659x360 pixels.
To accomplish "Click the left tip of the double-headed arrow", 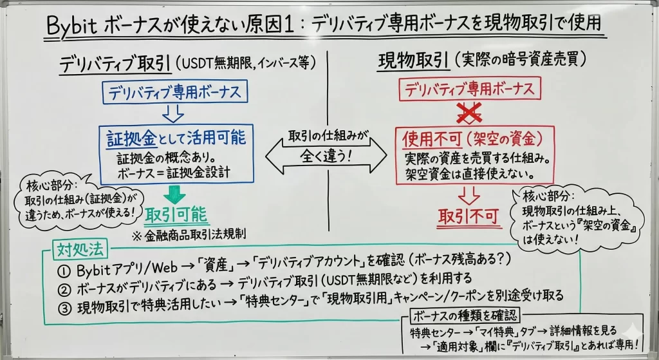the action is [266, 156].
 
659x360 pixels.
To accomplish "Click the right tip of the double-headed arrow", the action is [387, 156].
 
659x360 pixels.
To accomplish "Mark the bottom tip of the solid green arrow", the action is [174, 205].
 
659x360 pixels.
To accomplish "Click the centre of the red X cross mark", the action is [469, 112].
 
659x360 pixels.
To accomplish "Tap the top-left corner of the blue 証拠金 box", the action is [99, 125].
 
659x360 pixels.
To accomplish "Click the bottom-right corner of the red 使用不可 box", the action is [554, 184].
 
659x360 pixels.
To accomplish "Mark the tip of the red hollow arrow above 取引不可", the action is [469, 204].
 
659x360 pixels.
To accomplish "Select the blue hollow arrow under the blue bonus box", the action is [172, 113].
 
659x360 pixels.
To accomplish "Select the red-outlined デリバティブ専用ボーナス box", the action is [469, 89].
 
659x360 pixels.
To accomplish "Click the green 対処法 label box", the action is [80, 251].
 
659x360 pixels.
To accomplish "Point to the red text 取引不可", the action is [469, 216].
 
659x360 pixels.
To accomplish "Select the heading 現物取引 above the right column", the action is [413, 62].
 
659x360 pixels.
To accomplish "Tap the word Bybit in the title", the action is [71, 26].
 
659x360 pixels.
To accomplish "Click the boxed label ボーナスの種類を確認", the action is [465, 315].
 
